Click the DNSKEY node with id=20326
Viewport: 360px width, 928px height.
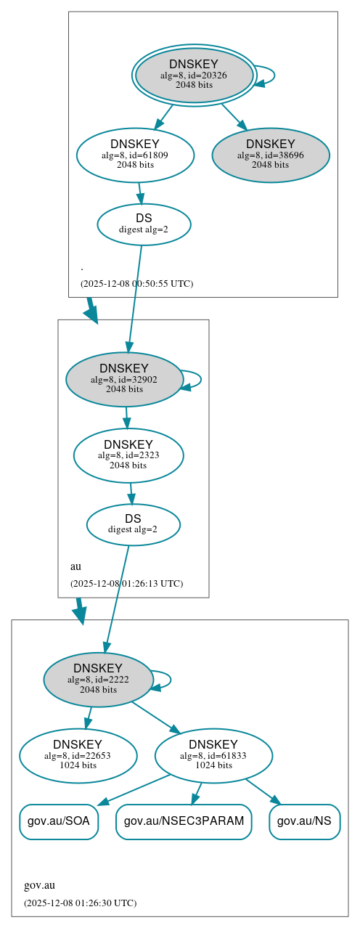coord(194,75)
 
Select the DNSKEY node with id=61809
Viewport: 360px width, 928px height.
coord(135,155)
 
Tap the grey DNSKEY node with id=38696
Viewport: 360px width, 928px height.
coord(271,155)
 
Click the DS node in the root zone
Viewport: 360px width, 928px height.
coord(144,224)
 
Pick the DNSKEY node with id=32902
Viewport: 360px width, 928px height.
coord(124,379)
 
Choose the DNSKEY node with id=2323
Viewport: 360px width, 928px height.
coord(128,455)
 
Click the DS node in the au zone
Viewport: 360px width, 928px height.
coord(133,524)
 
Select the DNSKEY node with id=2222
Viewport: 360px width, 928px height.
coord(98,680)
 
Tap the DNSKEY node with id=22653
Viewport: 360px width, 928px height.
coord(78,756)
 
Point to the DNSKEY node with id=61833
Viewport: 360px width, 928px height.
coord(213,756)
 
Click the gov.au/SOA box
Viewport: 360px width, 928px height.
coord(58,821)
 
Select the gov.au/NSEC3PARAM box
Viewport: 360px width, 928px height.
coord(184,821)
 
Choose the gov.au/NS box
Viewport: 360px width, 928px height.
coord(304,821)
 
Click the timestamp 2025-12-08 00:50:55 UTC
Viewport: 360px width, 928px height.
coord(136,284)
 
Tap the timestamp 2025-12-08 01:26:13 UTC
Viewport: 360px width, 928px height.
coord(126,584)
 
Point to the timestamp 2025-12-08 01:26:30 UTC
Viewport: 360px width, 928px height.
coord(80,903)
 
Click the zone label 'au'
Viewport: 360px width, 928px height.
coord(75,566)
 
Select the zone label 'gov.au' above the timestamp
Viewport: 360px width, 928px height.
coord(39,885)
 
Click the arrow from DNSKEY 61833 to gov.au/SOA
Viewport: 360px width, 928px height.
coord(134,789)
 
